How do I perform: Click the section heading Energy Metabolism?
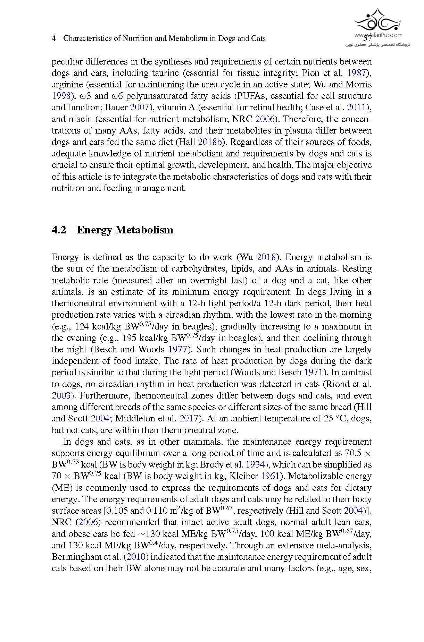click(125, 230)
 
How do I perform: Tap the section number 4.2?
click(59, 230)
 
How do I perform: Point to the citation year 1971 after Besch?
click(314, 373)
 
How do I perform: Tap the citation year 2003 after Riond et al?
click(61, 396)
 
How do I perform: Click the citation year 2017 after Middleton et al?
click(189, 419)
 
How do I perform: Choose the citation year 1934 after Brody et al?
click(255, 465)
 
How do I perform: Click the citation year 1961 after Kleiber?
click(270, 476)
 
